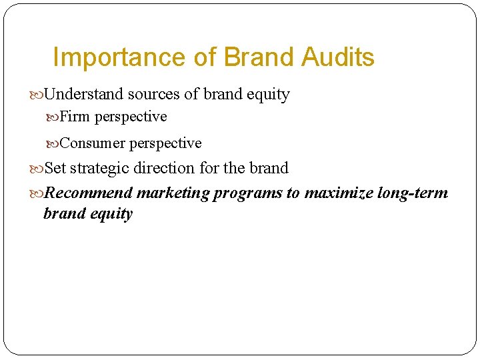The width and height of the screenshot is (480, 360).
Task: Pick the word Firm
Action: click(x=75, y=117)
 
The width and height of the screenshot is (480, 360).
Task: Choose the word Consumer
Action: click(x=93, y=143)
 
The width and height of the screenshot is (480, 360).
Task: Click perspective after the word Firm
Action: click(x=131, y=117)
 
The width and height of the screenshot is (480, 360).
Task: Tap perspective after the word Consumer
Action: click(x=165, y=144)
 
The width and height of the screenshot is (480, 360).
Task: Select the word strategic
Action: click(x=99, y=168)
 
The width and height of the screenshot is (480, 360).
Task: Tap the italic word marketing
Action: click(x=173, y=193)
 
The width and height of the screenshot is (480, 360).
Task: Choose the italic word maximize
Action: click(x=339, y=193)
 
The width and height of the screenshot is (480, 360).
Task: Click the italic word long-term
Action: click(x=413, y=193)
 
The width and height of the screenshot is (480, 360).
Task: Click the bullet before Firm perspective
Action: click(x=53, y=117)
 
